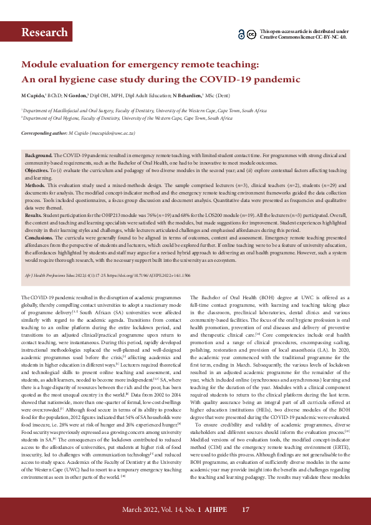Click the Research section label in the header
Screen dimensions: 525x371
click(44, 32)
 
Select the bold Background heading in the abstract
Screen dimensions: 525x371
click(38, 154)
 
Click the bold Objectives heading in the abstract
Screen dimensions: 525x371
click(37, 169)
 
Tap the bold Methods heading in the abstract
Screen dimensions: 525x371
click(35, 185)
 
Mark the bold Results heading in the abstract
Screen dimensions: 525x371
click(34, 214)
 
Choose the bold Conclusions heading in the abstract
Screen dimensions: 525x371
click(39, 238)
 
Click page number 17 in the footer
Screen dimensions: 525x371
click(245, 511)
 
